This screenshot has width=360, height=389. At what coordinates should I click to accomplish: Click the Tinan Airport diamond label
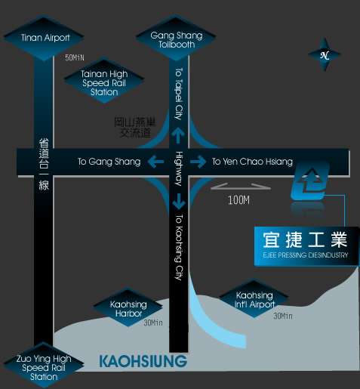tap(44, 38)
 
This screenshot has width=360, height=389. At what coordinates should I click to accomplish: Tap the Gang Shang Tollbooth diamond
tap(176, 38)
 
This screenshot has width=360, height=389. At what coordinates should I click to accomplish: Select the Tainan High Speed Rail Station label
tap(104, 80)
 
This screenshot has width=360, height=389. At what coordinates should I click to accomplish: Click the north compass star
tap(325, 54)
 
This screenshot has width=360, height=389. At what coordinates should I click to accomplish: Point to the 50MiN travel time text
tap(75, 57)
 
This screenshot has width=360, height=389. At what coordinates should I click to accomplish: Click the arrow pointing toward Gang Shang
tap(155, 162)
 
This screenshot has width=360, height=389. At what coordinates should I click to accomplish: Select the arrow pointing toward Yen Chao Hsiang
tap(198, 162)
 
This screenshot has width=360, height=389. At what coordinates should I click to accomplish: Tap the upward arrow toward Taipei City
tap(178, 135)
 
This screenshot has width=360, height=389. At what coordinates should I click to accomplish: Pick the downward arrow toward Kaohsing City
tap(179, 202)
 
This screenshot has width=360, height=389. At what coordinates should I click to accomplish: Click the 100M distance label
tap(238, 200)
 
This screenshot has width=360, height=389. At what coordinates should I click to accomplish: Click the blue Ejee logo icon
tap(310, 181)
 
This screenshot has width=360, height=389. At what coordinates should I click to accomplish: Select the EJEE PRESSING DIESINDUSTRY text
tap(306, 255)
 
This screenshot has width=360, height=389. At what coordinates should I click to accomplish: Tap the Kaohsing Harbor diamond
tap(128, 307)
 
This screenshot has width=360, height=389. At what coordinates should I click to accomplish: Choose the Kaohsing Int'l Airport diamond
tap(254, 298)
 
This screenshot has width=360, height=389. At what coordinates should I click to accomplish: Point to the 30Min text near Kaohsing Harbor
tap(153, 323)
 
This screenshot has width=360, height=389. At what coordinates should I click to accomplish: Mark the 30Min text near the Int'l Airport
tap(283, 316)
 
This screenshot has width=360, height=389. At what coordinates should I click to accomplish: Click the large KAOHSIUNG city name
tap(143, 362)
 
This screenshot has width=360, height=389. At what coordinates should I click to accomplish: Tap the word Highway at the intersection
tap(179, 168)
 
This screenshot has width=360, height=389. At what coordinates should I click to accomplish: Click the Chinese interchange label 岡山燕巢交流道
tap(135, 128)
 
